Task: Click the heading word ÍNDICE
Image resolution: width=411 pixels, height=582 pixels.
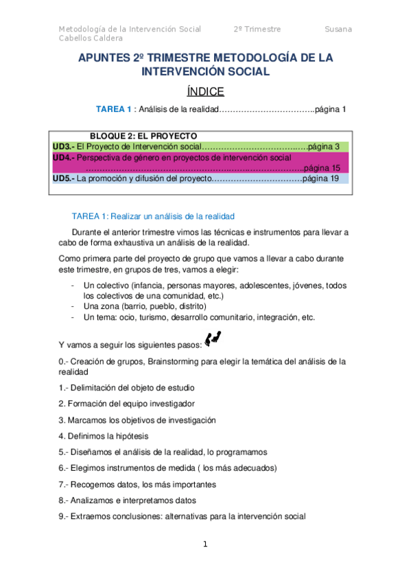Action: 205,91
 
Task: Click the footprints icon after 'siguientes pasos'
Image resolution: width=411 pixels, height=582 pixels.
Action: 213,338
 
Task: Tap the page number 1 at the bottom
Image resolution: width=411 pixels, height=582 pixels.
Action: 204,544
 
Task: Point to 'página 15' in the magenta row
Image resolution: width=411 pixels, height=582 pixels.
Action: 321,167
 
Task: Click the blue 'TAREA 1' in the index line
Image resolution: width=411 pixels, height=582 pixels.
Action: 114,109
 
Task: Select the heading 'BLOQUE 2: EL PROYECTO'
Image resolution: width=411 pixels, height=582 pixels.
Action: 143,135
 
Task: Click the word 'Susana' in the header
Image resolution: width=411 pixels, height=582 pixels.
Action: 338,30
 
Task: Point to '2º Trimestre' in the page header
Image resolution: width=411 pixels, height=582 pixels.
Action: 257,30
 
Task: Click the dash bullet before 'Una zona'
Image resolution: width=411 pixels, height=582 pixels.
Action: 73,306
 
